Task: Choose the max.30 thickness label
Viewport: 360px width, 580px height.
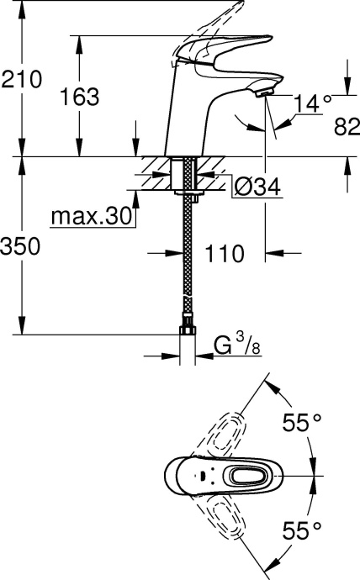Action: (x=92, y=217)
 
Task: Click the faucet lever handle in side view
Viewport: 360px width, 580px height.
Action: (x=227, y=50)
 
